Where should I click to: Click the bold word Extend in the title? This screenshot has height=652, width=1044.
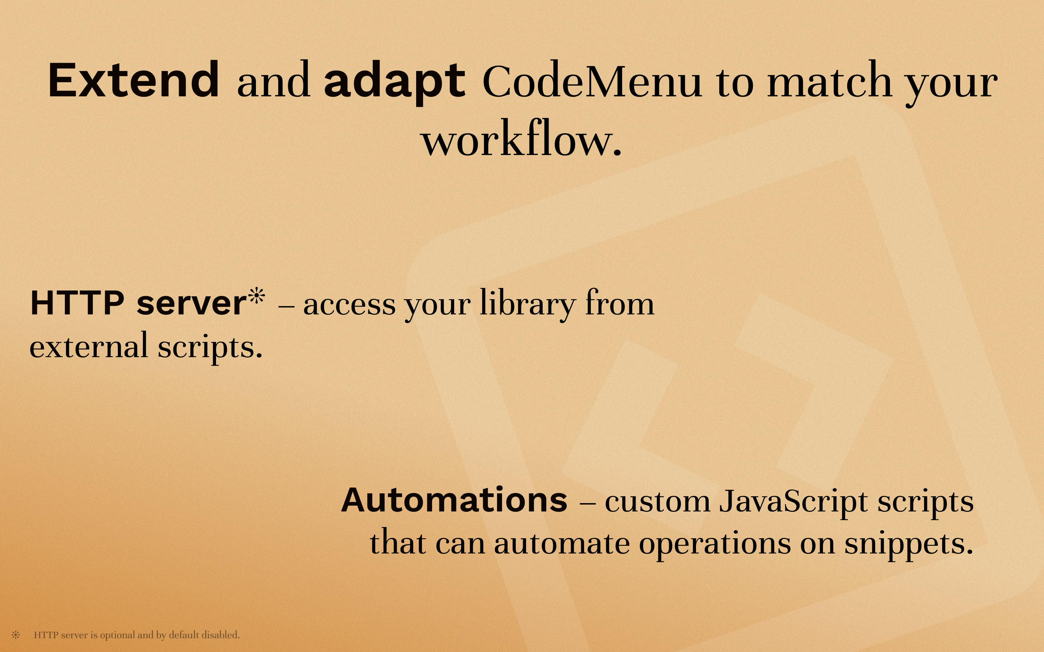(x=133, y=81)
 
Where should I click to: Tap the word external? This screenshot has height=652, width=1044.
(x=89, y=346)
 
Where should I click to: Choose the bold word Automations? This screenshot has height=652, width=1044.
(x=454, y=500)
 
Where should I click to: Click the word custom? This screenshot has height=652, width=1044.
(x=657, y=502)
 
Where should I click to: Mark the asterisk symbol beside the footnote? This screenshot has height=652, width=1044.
(x=16, y=635)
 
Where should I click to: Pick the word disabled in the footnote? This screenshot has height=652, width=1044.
(x=220, y=635)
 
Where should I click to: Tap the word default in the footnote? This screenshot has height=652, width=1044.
(x=183, y=635)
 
